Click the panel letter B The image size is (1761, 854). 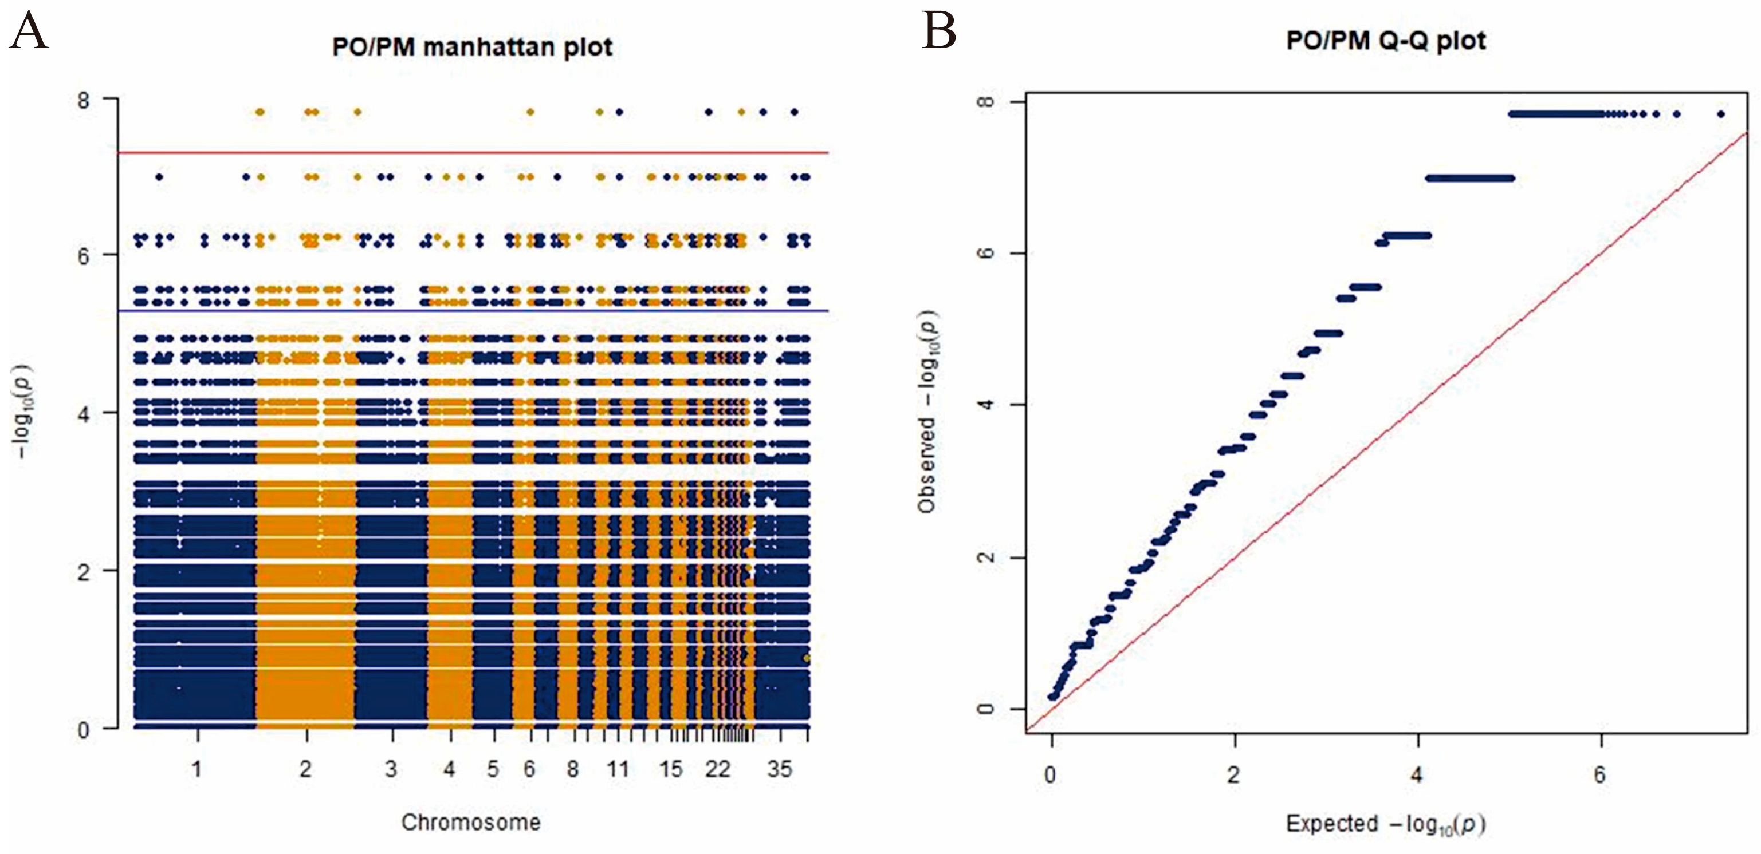pyautogui.click(x=938, y=31)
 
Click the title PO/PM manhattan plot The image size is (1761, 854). pyautogui.click(x=471, y=47)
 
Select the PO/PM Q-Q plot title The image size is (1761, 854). pyautogui.click(x=1386, y=41)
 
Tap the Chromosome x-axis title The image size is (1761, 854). pyautogui.click(x=470, y=823)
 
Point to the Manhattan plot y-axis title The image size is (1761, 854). pyautogui.click(x=23, y=412)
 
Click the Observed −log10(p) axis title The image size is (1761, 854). pyautogui.click(x=927, y=412)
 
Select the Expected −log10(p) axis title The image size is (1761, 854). pyautogui.click(x=1386, y=824)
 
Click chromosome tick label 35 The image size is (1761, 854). pyautogui.click(x=779, y=770)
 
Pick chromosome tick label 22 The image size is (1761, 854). pyautogui.click(x=718, y=770)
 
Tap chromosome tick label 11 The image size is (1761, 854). pyautogui.click(x=618, y=770)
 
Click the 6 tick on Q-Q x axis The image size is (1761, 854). pyautogui.click(x=1599, y=775)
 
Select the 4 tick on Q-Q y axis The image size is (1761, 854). pyautogui.click(x=985, y=405)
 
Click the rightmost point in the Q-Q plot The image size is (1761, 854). pyautogui.click(x=1721, y=114)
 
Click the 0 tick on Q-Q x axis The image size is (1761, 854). pyautogui.click(x=1051, y=775)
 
